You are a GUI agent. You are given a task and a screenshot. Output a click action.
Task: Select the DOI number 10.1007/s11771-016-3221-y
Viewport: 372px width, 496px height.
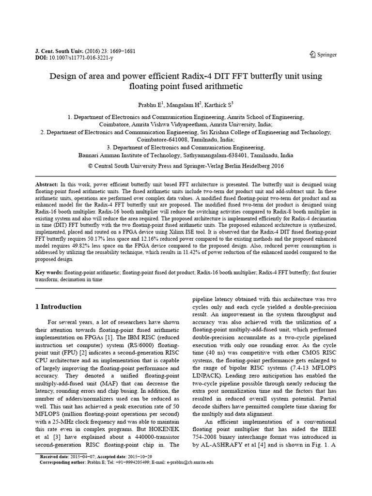tap(82, 58)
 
